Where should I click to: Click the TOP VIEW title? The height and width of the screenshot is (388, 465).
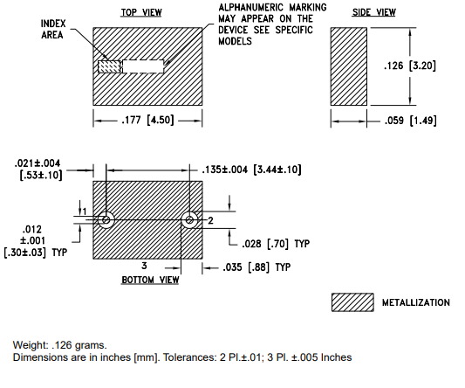pyautogui.click(x=141, y=12)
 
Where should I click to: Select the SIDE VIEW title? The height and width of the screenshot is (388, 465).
pyautogui.click(x=373, y=12)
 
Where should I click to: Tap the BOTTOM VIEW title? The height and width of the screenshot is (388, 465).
pyautogui.click(x=150, y=280)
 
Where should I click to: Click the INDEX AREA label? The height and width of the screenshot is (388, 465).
pyautogui.click(x=53, y=29)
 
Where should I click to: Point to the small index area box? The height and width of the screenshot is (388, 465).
pyautogui.click(x=109, y=66)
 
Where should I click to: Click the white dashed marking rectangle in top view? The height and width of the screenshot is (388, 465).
pyautogui.click(x=143, y=66)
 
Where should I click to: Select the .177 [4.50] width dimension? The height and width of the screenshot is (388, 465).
pyautogui.click(x=147, y=121)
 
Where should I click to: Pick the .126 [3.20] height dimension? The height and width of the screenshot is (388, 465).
pyautogui.click(x=410, y=66)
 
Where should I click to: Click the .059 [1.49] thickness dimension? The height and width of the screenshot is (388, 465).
pyautogui.click(x=411, y=121)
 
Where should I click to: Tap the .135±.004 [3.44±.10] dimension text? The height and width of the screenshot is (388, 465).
pyautogui.click(x=251, y=170)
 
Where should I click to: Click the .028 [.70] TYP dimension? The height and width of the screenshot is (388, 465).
pyautogui.click(x=276, y=244)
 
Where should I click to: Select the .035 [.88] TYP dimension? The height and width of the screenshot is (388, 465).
pyautogui.click(x=256, y=267)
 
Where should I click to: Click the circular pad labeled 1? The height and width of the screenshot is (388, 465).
pyautogui.click(x=106, y=220)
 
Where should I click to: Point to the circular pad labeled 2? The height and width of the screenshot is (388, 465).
pyautogui.click(x=189, y=220)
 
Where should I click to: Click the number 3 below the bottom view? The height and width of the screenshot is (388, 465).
pyautogui.click(x=144, y=266)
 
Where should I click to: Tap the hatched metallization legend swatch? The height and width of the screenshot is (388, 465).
pyautogui.click(x=352, y=302)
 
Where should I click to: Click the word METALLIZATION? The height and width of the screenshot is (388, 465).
pyautogui.click(x=416, y=302)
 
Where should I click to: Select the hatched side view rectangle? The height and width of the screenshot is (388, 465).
pyautogui.click(x=349, y=66)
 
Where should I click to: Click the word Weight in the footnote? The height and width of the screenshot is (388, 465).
pyautogui.click(x=31, y=345)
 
